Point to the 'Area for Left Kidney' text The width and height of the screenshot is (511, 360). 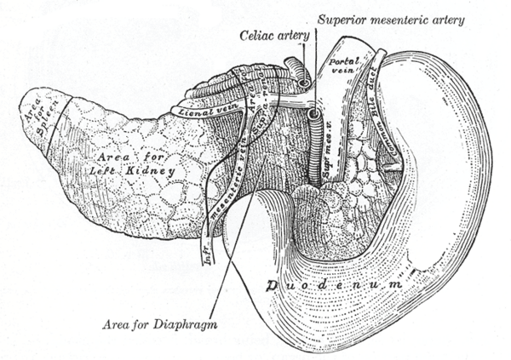click(135, 164)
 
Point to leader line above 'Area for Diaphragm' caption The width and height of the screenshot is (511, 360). click(223, 255)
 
